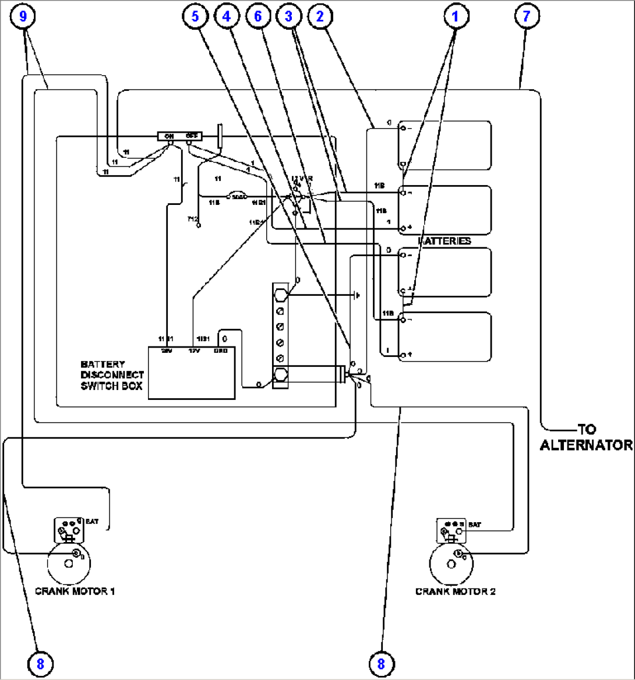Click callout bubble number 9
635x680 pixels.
(x=23, y=16)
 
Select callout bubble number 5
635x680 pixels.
(x=195, y=16)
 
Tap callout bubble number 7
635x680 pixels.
(x=526, y=16)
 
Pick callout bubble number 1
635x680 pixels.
(x=456, y=16)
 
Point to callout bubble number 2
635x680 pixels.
(x=319, y=16)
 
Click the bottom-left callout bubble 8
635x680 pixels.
(x=38, y=663)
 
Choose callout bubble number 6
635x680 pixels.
(x=257, y=16)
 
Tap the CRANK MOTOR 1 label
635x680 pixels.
(x=75, y=591)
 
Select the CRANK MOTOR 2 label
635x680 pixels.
(x=455, y=591)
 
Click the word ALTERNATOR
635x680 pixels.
(x=585, y=445)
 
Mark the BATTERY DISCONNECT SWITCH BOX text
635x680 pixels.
(x=112, y=375)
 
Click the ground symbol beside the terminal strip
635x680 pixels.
(x=356, y=295)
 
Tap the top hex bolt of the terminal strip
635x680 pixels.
(x=280, y=294)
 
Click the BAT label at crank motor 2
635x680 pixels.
(x=475, y=525)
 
